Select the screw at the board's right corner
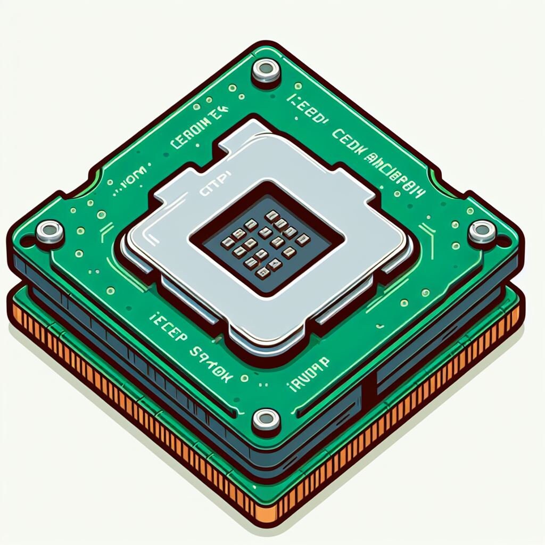pyautogui.click(x=482, y=232)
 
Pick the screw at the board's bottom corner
pyautogui.click(x=266, y=419)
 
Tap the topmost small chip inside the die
pyautogui.click(x=271, y=215)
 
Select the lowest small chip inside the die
pyautogui.click(x=262, y=272)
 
